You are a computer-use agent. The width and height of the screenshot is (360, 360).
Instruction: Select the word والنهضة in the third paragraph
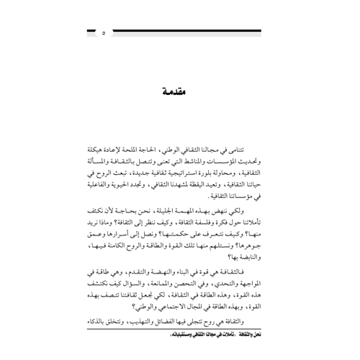(143, 285)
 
